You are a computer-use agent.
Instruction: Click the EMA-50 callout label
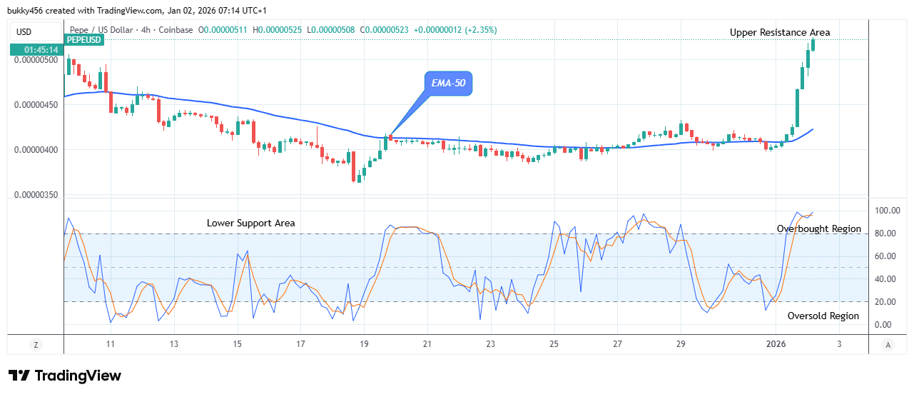[x=448, y=84]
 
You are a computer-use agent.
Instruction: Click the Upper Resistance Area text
[x=779, y=32]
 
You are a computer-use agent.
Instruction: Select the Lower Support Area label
[x=250, y=223]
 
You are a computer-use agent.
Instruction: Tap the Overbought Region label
[x=818, y=229]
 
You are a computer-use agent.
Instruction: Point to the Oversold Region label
[x=823, y=316]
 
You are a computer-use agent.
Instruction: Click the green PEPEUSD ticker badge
[x=84, y=40]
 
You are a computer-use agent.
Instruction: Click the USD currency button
[x=24, y=31]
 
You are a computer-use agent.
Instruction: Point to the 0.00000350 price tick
[x=35, y=195]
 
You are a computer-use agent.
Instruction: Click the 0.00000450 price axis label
[x=35, y=104]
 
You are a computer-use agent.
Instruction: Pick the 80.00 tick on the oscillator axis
[x=885, y=233]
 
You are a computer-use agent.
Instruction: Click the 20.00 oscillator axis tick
[x=885, y=302]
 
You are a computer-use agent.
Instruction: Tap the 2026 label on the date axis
[x=776, y=344]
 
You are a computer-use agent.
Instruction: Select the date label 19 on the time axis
[x=364, y=344]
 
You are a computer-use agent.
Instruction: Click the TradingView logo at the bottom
[x=65, y=376]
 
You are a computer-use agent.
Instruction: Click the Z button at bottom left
[x=36, y=345]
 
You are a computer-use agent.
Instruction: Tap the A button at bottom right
[x=888, y=345]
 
